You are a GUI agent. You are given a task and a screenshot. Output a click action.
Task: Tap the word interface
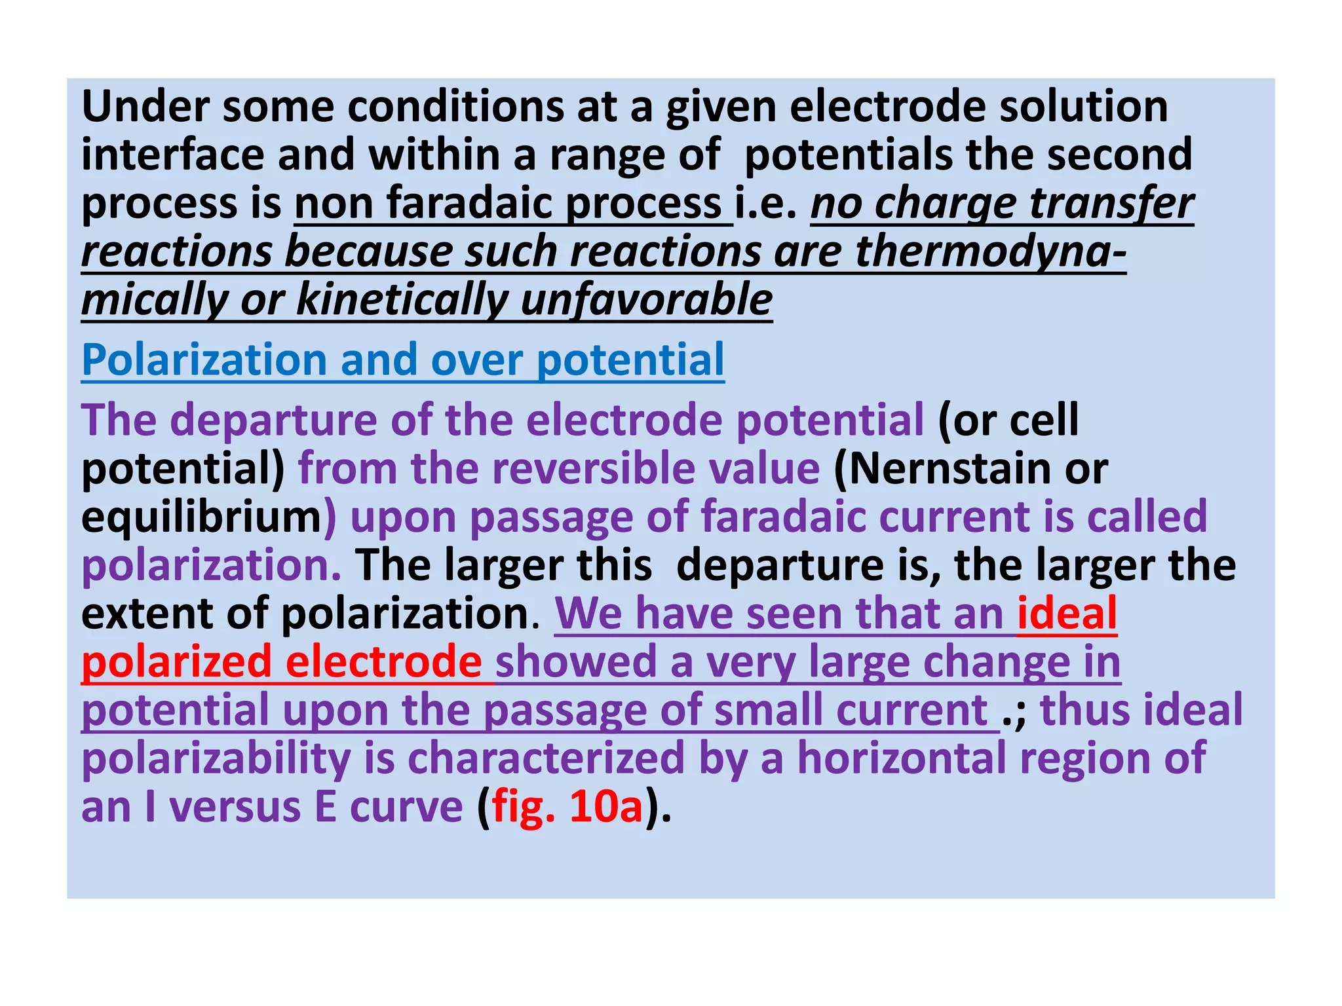tap(172, 155)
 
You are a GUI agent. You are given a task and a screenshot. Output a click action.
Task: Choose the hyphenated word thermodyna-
tap(991, 251)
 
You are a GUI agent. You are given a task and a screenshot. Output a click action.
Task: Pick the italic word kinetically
tap(402, 300)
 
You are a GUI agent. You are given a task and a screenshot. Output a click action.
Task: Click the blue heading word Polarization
tap(204, 360)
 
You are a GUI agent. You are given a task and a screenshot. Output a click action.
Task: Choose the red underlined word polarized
tap(176, 661)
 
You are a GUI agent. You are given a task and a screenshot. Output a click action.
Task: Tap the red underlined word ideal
tap(1067, 614)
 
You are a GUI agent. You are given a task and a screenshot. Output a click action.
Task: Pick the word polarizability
tap(216, 758)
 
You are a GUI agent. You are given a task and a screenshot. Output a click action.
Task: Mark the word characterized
tap(546, 758)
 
